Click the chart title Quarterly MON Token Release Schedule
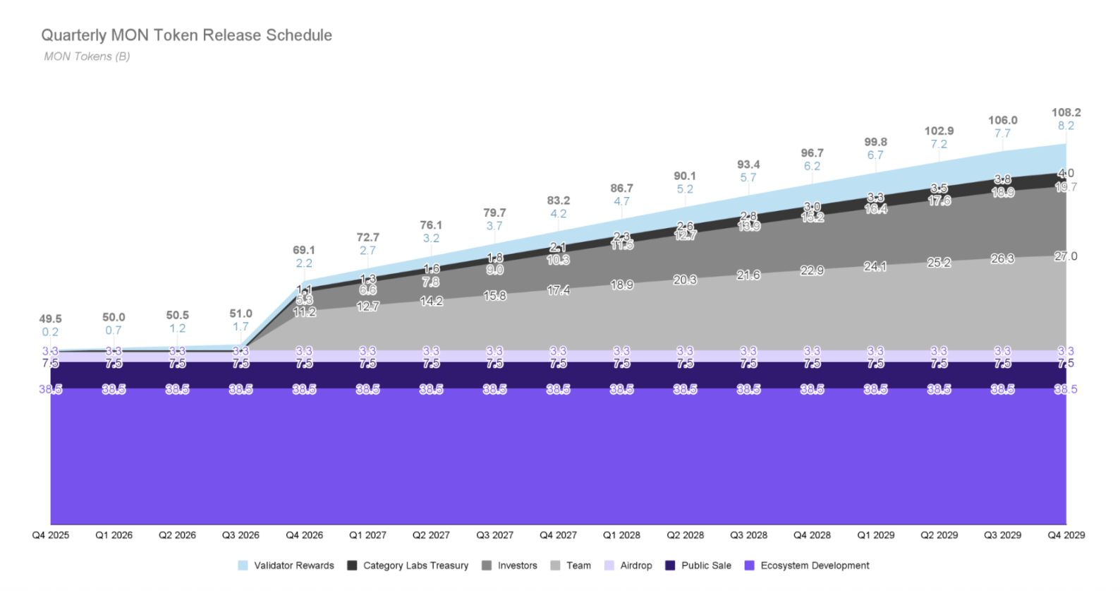186,35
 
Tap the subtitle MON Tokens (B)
87,56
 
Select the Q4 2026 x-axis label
304,535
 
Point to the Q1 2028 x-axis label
621,535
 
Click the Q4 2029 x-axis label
1066,535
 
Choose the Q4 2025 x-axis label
51,535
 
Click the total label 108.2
1066,112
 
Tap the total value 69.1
304,250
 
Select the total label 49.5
50,318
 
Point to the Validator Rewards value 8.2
1066,126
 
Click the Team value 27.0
1066,256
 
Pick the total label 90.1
685,176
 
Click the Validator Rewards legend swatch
243,566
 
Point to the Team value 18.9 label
621,285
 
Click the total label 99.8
875,142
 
